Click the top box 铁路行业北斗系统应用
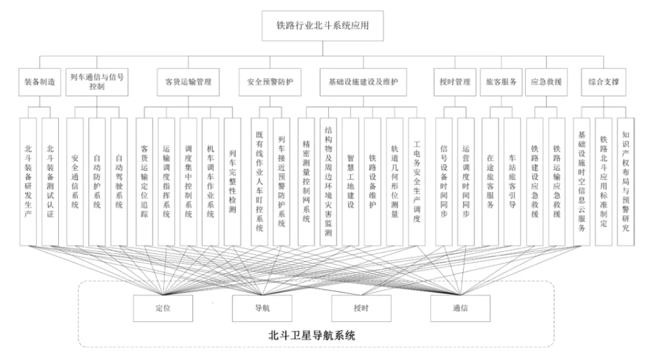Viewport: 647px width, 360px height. pos(323,26)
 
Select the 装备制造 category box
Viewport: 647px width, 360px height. pos(39,82)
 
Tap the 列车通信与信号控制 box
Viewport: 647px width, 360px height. pos(97,82)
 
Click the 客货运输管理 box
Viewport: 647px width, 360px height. pos(188,82)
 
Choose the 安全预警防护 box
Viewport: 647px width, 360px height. pos(270,82)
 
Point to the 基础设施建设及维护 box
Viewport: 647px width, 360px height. pos(363,82)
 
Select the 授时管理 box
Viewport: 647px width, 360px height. pos(454,82)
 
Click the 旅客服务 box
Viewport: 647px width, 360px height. pos(501,82)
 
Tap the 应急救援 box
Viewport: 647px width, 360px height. pos(546,82)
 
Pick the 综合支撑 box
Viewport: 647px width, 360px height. pos(604,82)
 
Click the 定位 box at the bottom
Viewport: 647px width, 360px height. pos(163,308)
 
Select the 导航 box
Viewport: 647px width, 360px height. pos(262,308)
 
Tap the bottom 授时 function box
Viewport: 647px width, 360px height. pos(361,308)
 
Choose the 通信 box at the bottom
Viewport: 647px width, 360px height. pos(460,308)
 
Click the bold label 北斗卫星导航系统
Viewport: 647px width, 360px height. pos(312,335)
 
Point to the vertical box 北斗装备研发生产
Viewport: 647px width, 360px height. pos(28,182)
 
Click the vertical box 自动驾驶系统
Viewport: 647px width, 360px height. pos(119,182)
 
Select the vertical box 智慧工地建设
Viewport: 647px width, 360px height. pos(350,182)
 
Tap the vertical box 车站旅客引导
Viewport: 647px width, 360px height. pos(512,182)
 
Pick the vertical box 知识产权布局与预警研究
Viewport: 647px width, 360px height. pos(625,182)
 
